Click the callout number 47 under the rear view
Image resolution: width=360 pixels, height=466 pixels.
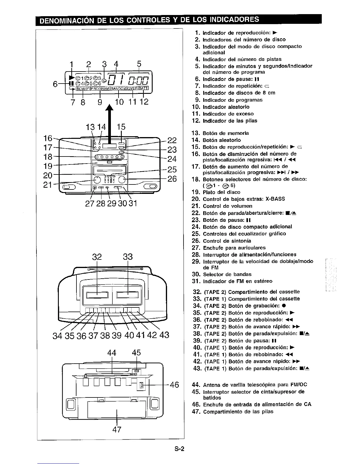coord(117,430)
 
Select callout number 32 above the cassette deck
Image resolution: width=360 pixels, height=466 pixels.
coord(97,257)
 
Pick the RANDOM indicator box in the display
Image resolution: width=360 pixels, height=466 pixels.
coord(119,88)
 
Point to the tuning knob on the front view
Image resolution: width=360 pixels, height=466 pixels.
coord(123,180)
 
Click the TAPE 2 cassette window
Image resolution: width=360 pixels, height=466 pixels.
coord(97,295)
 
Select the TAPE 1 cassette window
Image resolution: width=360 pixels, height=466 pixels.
coord(128,295)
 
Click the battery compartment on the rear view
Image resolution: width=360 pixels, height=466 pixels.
coord(117,409)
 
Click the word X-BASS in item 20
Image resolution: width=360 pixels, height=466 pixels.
coord(275,199)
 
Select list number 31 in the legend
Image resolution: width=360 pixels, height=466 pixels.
coord(196,281)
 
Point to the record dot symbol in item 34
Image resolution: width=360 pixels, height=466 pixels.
coord(282,306)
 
